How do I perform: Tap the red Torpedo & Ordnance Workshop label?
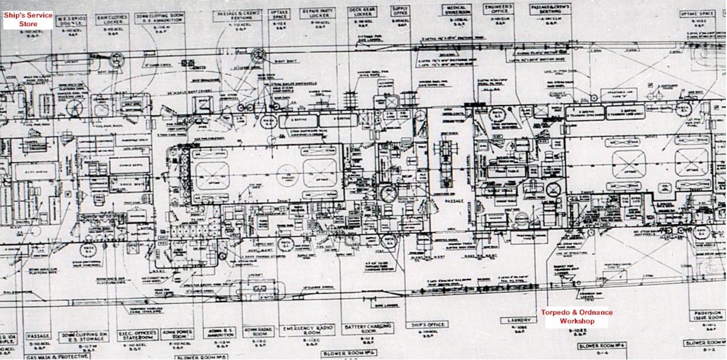[x=576, y=317]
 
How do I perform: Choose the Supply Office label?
[x=400, y=12]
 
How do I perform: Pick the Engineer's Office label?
[x=499, y=10]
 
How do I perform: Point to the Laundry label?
[x=517, y=320]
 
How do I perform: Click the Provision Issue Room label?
[x=707, y=316]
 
